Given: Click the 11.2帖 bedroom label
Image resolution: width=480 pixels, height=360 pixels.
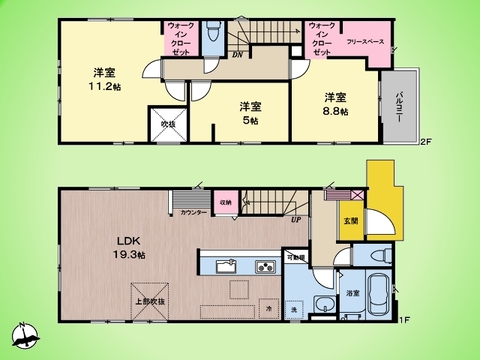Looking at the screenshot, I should pos(102,80).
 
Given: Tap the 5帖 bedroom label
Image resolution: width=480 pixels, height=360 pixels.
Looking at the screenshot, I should pos(249,112).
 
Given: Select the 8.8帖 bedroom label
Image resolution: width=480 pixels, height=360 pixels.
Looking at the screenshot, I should pos(335,104).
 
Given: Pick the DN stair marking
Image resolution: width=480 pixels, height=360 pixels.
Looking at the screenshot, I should pos(237,56).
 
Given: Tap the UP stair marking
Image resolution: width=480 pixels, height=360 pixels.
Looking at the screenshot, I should pos(295,220).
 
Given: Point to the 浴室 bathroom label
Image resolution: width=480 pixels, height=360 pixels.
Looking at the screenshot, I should pos(352,293).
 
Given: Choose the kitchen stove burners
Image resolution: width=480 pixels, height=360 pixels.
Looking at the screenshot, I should pos(265,267).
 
